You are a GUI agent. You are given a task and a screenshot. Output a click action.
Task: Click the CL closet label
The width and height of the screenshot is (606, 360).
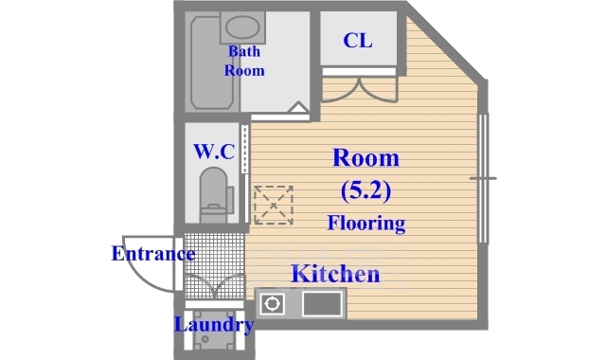(358, 40)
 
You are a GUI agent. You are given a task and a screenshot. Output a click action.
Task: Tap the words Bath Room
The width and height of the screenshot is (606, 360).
(244, 61)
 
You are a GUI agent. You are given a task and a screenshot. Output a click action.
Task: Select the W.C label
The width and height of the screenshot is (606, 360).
(214, 152)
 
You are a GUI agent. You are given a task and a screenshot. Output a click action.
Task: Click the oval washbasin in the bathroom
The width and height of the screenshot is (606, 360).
(242, 27)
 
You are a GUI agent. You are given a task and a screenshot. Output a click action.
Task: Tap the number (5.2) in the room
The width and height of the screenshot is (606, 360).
(365, 190)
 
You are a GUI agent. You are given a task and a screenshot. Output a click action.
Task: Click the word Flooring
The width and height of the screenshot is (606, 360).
(366, 224)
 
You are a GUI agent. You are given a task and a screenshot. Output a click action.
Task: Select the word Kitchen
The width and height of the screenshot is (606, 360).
(335, 274)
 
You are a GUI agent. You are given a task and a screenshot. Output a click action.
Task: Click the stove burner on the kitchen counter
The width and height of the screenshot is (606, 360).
(273, 303)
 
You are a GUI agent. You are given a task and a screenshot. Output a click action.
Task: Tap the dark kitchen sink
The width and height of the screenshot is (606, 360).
(322, 304)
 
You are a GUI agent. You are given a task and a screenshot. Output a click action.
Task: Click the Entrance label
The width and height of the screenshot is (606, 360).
(153, 254)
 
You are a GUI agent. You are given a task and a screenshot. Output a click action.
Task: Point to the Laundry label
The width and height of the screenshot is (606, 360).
(214, 325)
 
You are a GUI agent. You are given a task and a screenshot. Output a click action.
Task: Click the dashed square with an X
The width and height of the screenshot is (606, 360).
(274, 206)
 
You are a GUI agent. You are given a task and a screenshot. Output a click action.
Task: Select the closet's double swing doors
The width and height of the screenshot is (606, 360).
(360, 90)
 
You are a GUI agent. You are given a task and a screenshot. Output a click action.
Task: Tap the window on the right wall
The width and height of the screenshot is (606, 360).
(483, 178)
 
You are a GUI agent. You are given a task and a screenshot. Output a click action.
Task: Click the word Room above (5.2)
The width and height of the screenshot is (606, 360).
(365, 158)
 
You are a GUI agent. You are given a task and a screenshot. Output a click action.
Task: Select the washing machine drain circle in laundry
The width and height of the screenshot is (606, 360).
(205, 339)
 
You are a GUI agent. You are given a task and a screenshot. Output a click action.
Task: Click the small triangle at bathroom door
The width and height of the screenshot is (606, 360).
(298, 107)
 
